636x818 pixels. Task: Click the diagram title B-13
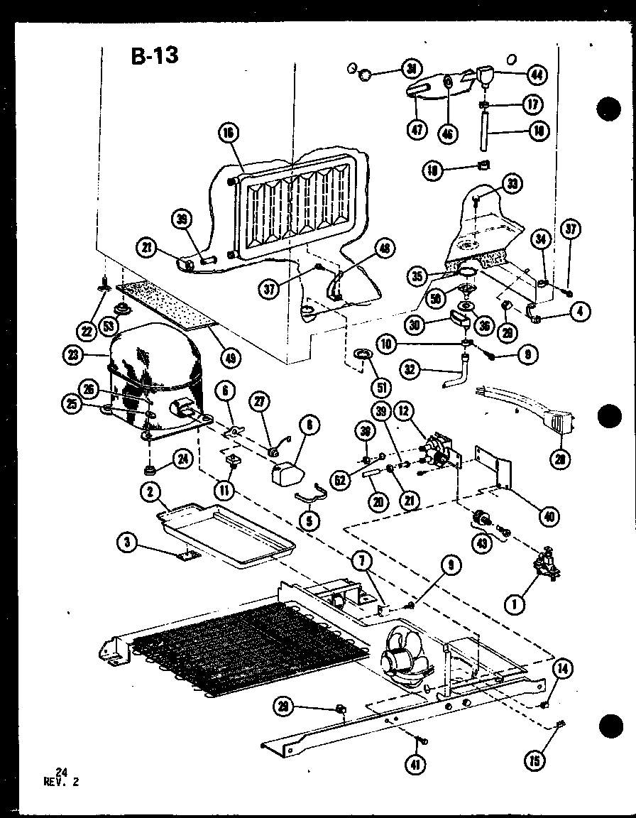155,55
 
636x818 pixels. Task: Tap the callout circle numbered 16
229,133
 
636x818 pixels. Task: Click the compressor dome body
153,369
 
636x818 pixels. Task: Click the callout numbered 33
512,185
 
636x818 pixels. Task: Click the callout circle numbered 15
537,760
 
